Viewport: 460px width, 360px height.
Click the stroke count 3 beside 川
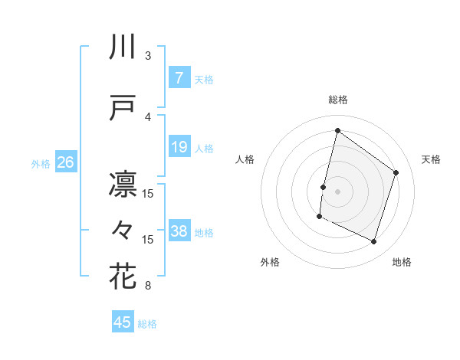[148, 56]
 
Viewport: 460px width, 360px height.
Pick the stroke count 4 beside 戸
[148, 116]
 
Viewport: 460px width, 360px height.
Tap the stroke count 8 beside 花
[148, 286]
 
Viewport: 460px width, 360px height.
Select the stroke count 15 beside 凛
[148, 193]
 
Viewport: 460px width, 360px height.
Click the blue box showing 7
[179, 78]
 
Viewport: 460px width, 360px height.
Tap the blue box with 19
[179, 147]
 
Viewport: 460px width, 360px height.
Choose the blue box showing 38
[179, 231]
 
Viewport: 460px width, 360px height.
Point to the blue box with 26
[65, 162]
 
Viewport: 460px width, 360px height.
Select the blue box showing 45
[123, 322]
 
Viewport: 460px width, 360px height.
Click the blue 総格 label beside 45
[147, 324]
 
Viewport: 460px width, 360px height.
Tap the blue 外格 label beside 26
[41, 163]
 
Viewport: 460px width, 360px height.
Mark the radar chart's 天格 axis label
[432, 159]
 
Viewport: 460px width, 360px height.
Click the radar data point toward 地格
[374, 242]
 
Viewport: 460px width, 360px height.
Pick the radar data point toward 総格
[337, 131]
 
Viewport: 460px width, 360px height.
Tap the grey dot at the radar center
[337, 191]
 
